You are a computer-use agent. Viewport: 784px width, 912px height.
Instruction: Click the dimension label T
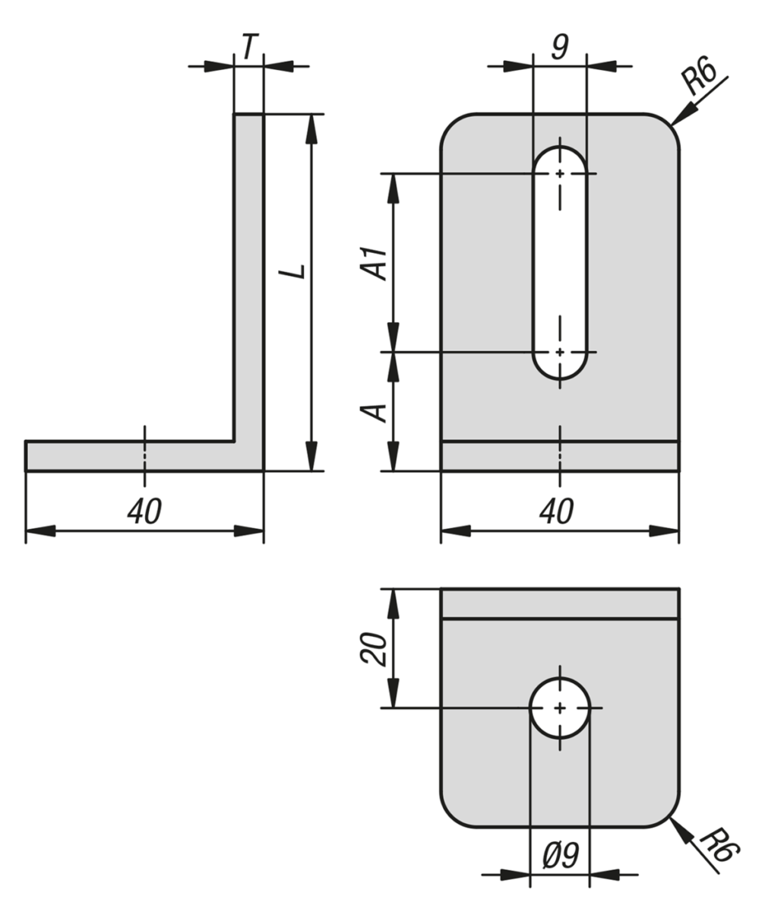(x=248, y=47)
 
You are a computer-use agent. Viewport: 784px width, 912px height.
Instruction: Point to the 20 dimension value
(x=375, y=648)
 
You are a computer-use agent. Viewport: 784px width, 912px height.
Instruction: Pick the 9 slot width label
(x=560, y=47)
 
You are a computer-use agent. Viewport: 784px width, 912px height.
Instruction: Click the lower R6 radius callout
(x=718, y=847)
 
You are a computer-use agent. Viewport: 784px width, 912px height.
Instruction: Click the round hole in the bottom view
(x=560, y=708)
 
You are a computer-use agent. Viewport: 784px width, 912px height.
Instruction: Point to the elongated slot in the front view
(x=560, y=262)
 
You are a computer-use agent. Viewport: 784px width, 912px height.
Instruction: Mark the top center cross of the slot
(x=560, y=174)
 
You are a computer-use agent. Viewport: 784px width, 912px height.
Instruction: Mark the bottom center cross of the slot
(x=560, y=352)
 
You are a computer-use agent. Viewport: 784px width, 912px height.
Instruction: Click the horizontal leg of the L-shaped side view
(x=129, y=456)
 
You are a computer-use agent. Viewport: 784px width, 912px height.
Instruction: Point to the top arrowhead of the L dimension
(x=310, y=127)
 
